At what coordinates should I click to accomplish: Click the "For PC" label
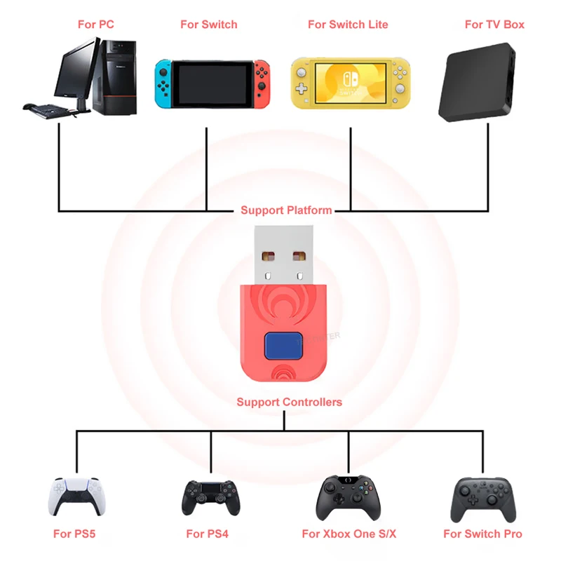click(x=96, y=25)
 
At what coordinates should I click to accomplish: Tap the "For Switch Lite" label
click(x=347, y=25)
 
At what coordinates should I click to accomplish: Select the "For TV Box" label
click(x=494, y=25)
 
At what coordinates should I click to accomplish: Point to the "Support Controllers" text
click(x=289, y=402)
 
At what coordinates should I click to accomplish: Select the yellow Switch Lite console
click(x=350, y=83)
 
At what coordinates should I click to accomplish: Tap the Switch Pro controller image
click(x=481, y=497)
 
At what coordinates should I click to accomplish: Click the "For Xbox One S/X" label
click(x=349, y=534)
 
